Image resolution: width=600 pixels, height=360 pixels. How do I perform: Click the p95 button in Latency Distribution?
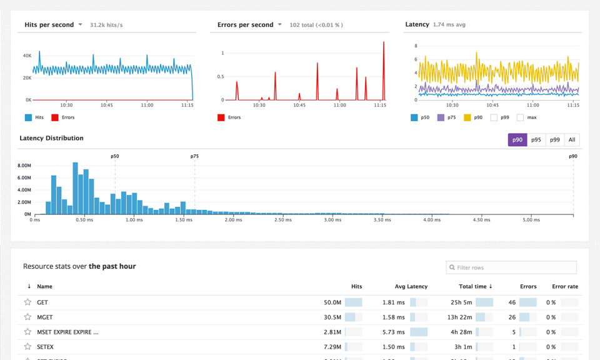tap(536, 140)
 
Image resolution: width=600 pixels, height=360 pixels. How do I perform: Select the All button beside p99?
tap(572, 140)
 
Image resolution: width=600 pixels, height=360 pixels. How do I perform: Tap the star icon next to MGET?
tap(27, 317)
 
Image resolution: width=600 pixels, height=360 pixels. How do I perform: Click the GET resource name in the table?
tap(42, 302)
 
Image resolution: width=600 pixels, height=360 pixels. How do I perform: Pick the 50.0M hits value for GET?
tap(332, 302)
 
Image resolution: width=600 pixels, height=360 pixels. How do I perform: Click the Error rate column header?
tap(565, 286)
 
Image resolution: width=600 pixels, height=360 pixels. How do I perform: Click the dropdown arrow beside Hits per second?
tap(81, 25)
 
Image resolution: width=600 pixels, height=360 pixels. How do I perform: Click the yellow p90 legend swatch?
tap(467, 117)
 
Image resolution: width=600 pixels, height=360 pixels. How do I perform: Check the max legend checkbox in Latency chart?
tap(520, 117)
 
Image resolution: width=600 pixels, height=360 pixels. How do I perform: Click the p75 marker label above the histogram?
tap(194, 156)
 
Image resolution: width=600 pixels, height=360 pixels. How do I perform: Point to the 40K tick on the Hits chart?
tap(27, 56)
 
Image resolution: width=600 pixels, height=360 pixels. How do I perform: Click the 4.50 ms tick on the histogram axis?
tap(481, 220)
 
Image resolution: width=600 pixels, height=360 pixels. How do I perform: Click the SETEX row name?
tap(45, 347)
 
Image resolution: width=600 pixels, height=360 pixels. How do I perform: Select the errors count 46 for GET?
tap(512, 302)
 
